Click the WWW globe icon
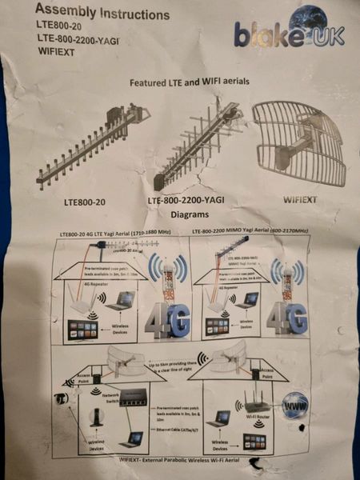click(294, 404)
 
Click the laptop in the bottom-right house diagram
click(219, 419)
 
